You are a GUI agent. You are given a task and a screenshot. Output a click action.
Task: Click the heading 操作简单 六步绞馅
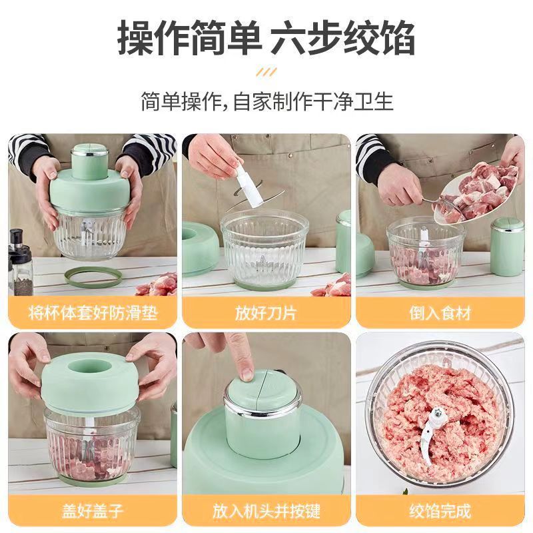tap(266, 38)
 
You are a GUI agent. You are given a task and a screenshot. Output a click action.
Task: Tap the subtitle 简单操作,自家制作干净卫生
tap(267, 101)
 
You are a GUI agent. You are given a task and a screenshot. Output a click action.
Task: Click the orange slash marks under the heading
tap(266, 72)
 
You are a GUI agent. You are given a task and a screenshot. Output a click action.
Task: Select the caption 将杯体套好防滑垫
tap(93, 312)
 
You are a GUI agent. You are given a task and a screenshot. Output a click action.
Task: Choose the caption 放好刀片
tap(266, 312)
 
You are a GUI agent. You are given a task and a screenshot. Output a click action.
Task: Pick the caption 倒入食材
tap(440, 312)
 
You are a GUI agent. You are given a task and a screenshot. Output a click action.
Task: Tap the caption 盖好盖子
tap(93, 511)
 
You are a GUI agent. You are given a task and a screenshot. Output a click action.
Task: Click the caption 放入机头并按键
tap(266, 511)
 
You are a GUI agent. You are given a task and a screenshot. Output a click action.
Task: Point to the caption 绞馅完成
tap(440, 511)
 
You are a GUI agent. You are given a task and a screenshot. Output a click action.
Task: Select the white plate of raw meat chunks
tap(478, 191)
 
